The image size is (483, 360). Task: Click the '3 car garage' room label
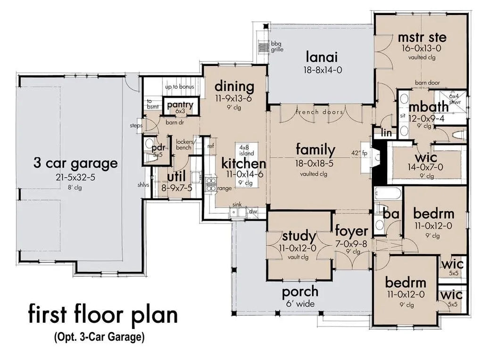75,164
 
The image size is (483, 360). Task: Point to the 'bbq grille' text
277,47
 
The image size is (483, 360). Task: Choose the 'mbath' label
428,107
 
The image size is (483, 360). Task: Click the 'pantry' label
180,105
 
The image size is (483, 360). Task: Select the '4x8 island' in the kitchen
246,150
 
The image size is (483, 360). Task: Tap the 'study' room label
299,235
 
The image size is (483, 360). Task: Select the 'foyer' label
351,231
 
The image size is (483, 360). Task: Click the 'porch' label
300,292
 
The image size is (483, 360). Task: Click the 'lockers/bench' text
183,144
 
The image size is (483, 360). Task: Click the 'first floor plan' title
103,315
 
